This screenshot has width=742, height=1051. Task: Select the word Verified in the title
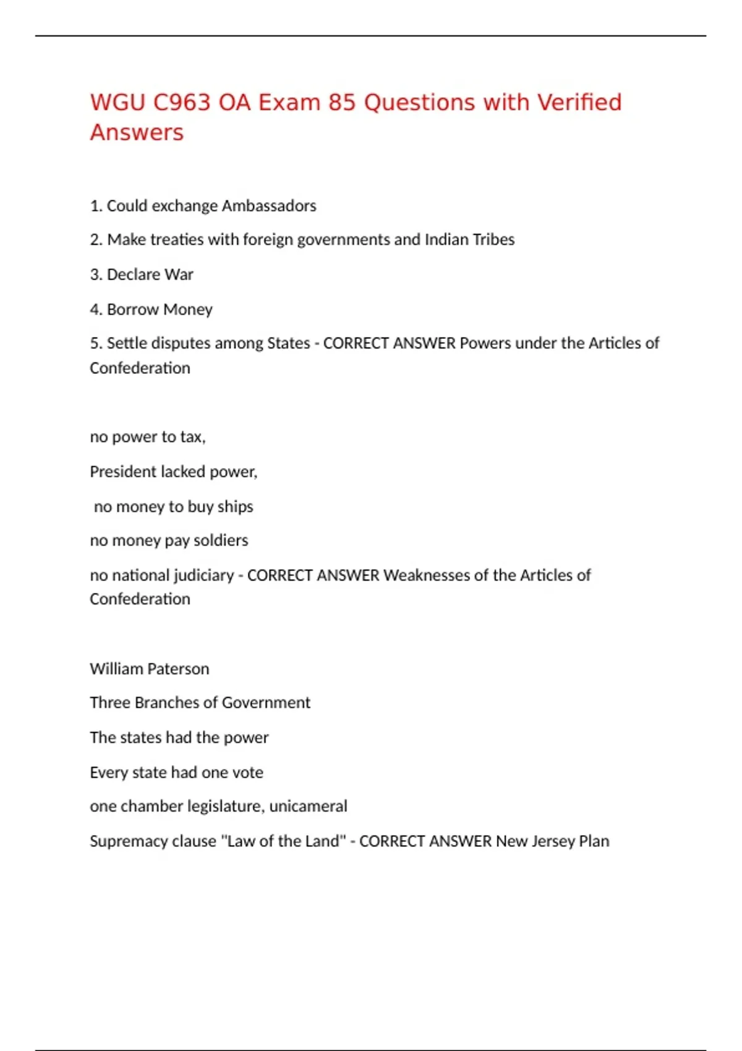coord(579,103)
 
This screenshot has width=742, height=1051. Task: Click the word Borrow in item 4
coord(133,309)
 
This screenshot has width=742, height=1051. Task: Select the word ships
coord(236,507)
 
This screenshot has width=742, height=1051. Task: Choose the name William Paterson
coord(150,669)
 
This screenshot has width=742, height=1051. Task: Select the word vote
coord(248,773)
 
